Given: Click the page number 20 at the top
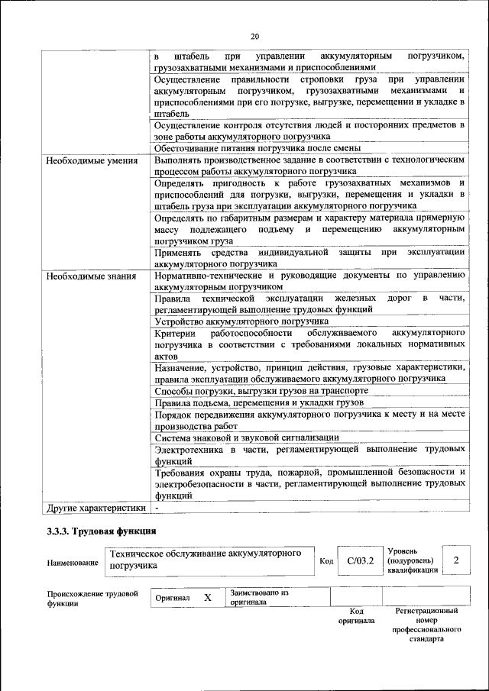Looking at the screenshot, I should click(x=254, y=36).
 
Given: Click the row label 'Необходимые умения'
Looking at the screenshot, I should click(x=92, y=161).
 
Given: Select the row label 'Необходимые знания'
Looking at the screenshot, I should click(x=91, y=276).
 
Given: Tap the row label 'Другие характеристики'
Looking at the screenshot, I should click(x=96, y=507).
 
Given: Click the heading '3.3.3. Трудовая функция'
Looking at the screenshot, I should click(x=102, y=531).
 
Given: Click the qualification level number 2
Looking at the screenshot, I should click(x=455, y=561).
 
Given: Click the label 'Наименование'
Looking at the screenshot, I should click(x=73, y=563).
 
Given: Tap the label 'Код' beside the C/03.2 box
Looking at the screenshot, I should click(x=326, y=562).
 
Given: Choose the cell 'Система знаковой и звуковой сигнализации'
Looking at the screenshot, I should click(x=247, y=438).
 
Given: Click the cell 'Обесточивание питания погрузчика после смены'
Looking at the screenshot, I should click(x=257, y=148).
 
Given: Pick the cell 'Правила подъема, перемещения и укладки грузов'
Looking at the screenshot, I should click(x=259, y=402).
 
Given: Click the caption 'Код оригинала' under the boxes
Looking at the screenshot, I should click(x=355, y=616).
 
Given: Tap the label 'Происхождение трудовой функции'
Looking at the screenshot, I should click(x=92, y=597).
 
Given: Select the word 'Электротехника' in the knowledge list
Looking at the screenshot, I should click(x=190, y=450).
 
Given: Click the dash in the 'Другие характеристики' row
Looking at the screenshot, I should click(x=156, y=507).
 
